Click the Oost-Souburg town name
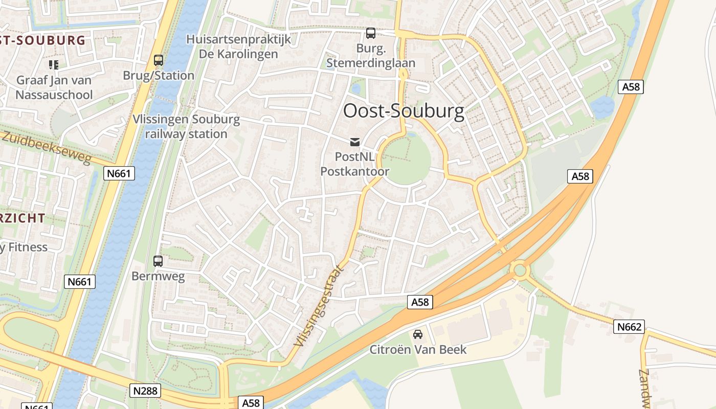(x=404, y=111)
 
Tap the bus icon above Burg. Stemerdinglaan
(x=370, y=33)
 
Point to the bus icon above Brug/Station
(x=159, y=60)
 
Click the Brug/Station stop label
(x=159, y=76)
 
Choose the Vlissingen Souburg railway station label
(x=186, y=127)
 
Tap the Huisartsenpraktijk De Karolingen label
(x=238, y=47)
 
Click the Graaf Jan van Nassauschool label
(x=54, y=87)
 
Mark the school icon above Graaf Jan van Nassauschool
(x=54, y=64)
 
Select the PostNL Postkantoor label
(x=355, y=164)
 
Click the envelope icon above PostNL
(x=355, y=142)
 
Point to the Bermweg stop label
(x=158, y=276)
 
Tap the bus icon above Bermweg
(x=158, y=261)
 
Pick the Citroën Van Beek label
(x=418, y=350)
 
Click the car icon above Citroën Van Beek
(x=418, y=334)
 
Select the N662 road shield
(x=629, y=327)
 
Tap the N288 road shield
(x=145, y=391)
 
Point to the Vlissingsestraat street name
(x=319, y=306)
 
